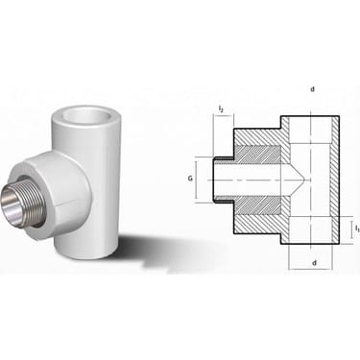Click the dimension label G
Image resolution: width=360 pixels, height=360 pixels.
190,179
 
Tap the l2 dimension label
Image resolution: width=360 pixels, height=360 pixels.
221,108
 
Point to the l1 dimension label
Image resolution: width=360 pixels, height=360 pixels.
357,228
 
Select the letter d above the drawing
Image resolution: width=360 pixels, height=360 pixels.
313,89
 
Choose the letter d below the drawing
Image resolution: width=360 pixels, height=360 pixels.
314,263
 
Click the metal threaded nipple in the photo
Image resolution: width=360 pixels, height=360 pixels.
15,204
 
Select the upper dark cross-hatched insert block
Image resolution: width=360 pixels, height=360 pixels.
258,154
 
